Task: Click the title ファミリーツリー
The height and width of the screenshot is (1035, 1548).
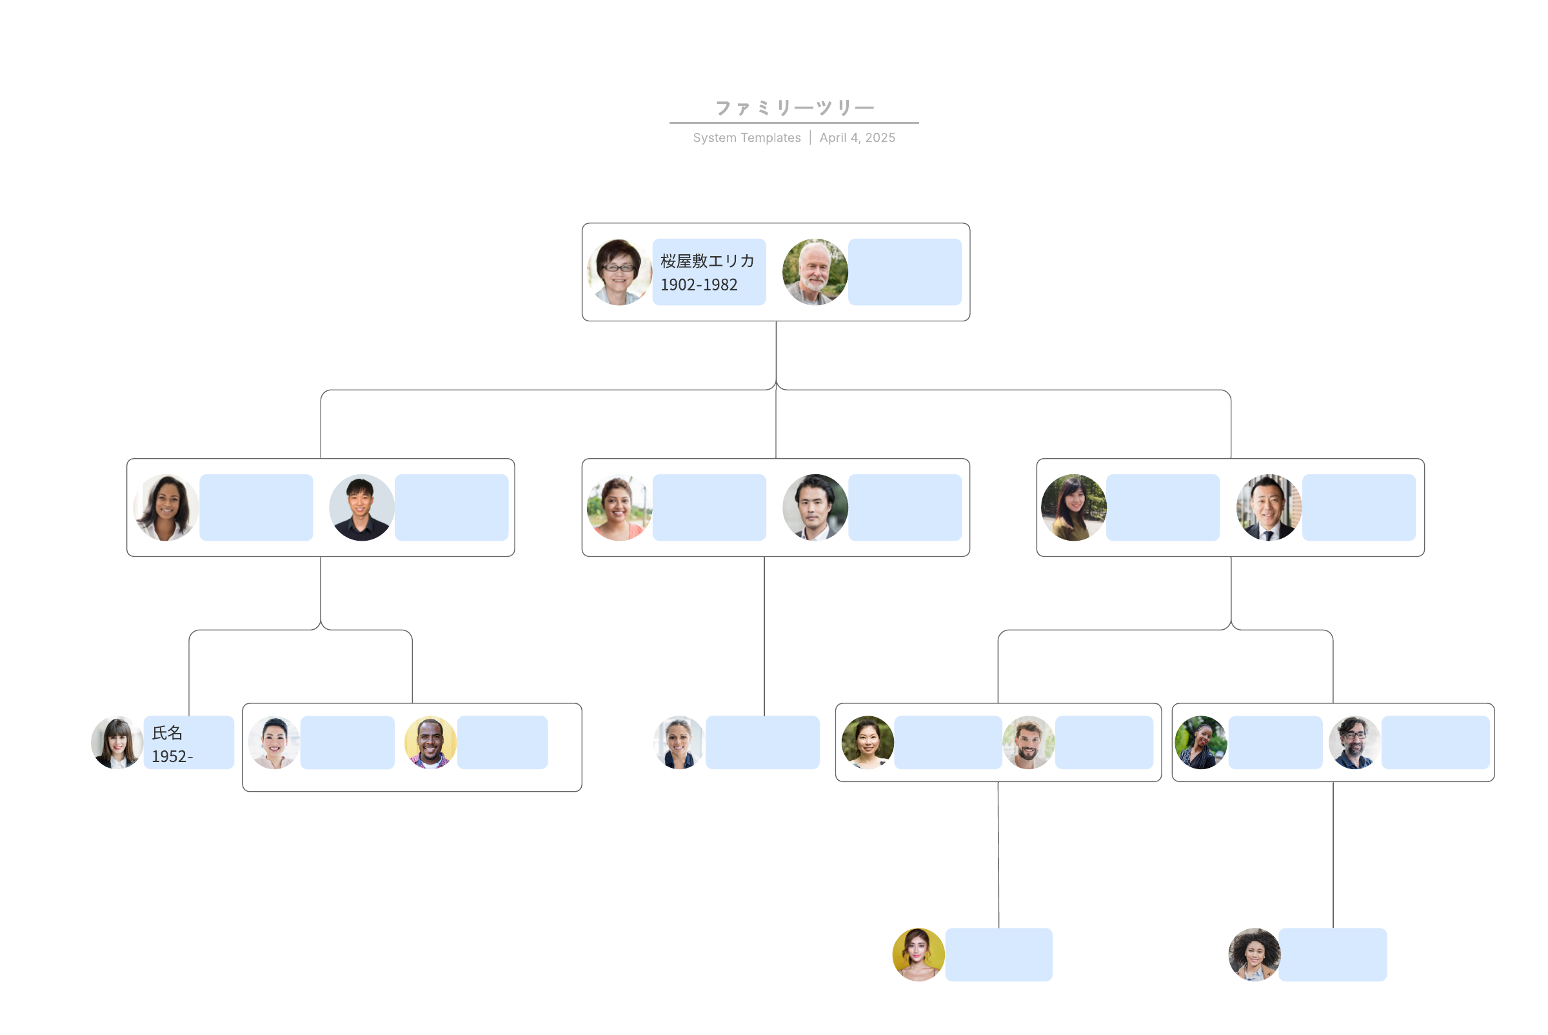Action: click(794, 108)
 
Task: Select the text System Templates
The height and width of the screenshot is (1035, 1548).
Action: click(746, 137)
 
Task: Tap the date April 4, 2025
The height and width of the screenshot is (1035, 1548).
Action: click(857, 137)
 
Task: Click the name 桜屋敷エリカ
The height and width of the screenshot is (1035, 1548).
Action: click(708, 261)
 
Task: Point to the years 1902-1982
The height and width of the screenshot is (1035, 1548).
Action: click(699, 285)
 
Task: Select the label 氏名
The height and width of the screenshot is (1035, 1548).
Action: click(168, 732)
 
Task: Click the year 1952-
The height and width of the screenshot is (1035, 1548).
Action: click(172, 756)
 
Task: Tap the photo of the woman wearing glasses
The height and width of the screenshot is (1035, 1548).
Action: click(619, 272)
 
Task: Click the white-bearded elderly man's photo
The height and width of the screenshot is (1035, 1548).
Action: click(814, 272)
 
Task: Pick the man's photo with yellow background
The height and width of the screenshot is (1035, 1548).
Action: click(430, 743)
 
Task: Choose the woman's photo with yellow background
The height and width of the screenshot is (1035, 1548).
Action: click(918, 954)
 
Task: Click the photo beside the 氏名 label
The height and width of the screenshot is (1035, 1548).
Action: click(117, 743)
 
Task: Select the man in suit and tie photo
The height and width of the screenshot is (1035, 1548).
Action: click(1268, 508)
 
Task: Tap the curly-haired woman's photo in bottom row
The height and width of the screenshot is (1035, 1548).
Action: click(1254, 954)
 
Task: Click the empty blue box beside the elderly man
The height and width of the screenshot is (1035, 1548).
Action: click(905, 272)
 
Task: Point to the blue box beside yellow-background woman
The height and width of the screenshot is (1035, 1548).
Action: click(998, 954)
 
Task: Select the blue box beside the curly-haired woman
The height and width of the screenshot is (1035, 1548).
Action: click(1333, 954)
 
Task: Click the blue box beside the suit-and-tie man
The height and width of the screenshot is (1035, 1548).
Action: click(1358, 508)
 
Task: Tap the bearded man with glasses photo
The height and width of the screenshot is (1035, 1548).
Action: click(1354, 743)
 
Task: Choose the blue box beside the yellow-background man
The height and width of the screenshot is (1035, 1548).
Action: click(502, 743)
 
